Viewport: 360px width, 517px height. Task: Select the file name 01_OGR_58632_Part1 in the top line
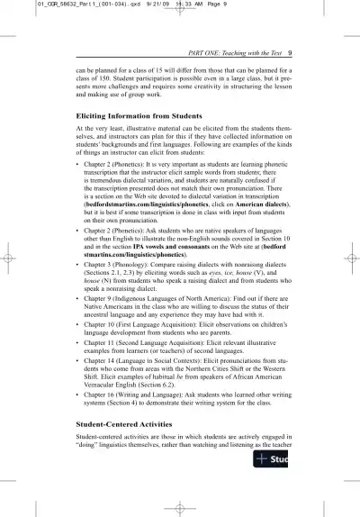pyautogui.click(x=55, y=5)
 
